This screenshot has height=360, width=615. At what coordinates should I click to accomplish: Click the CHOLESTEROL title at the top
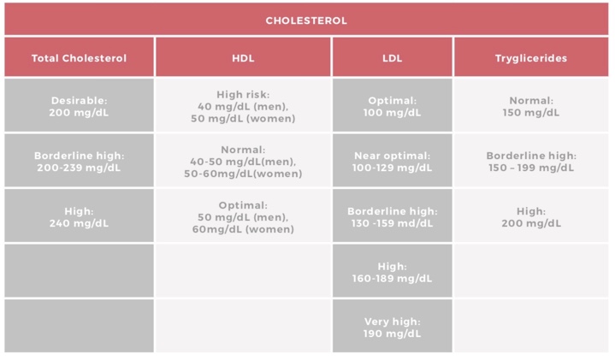306,21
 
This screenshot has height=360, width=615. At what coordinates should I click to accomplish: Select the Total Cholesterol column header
79,58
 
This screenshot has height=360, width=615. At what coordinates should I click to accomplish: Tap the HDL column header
243,58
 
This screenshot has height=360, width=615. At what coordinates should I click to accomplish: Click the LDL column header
392,58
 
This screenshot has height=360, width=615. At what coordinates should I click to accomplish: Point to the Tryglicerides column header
530,58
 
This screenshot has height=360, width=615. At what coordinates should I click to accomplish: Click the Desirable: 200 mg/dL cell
79,106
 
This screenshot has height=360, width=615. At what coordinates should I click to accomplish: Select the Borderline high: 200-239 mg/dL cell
79,162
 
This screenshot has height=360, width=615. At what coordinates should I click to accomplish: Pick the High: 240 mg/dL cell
79,216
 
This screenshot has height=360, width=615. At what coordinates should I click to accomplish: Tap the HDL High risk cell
243,106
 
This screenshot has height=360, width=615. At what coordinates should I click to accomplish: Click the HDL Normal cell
243,162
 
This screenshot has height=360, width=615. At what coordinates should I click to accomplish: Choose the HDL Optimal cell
243,216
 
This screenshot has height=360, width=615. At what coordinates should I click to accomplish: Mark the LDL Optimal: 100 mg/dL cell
392,106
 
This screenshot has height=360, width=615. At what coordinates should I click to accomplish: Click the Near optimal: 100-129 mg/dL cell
392,162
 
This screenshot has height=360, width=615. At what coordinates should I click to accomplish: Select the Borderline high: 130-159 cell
392,216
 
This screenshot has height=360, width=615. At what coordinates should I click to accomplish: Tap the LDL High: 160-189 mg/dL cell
392,272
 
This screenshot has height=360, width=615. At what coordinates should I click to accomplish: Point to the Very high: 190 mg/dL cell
392,327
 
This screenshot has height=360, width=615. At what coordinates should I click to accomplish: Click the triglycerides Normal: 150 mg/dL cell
530,106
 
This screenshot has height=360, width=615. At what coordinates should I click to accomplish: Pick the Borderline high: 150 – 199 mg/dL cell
530,162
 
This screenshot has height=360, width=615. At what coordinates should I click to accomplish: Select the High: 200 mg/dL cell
530,216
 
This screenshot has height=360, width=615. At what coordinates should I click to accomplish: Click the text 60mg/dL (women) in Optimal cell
243,229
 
